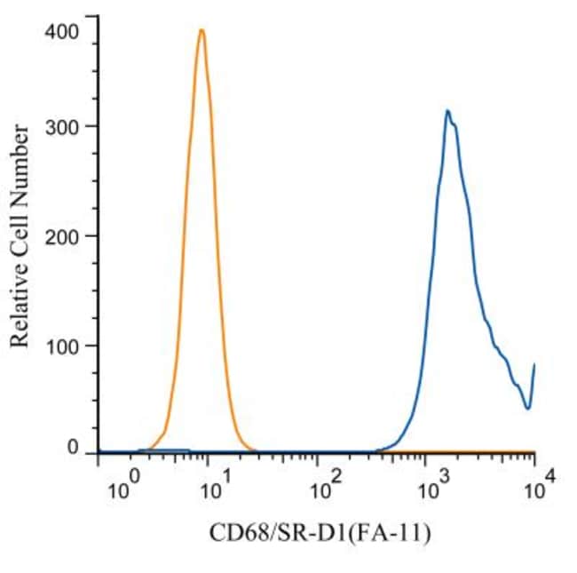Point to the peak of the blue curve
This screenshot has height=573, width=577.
point(448,110)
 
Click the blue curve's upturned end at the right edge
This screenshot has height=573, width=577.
point(534,364)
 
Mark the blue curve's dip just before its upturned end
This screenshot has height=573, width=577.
point(528,408)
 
